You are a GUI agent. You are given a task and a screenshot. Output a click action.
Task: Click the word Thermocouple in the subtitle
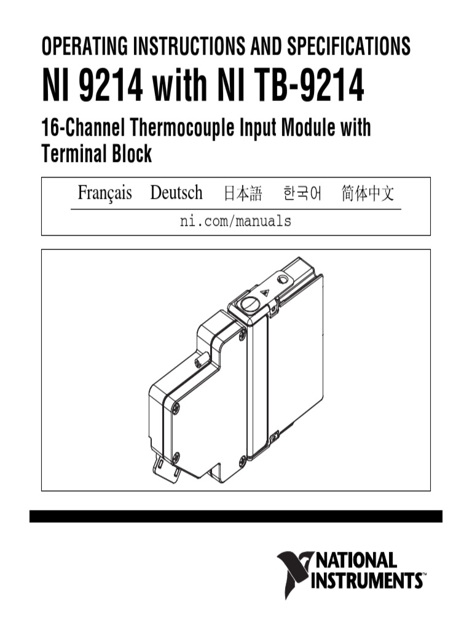click(x=179, y=129)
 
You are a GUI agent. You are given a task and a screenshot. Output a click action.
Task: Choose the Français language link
click(x=104, y=193)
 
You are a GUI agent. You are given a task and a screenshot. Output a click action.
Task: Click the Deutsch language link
click(x=176, y=193)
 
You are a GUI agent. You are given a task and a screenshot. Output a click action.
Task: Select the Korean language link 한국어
click(x=302, y=194)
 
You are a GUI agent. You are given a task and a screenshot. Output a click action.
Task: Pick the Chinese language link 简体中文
click(x=368, y=194)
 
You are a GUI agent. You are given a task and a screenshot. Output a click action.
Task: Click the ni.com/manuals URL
click(x=235, y=221)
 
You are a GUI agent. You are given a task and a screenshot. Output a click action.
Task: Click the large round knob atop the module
click(x=248, y=303)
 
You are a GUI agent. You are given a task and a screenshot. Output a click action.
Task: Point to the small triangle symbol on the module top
click(x=265, y=293)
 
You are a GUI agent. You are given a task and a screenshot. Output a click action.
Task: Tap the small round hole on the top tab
click(x=283, y=279)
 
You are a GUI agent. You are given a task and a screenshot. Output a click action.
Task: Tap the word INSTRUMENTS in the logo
click(x=366, y=580)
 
